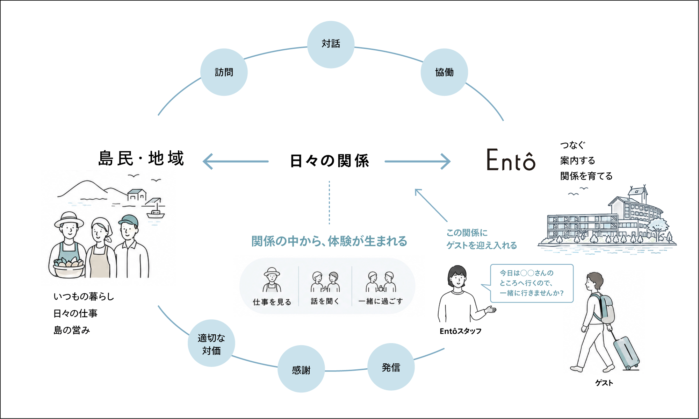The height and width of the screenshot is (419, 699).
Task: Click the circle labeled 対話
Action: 331,44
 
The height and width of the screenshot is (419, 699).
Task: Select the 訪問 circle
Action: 224,72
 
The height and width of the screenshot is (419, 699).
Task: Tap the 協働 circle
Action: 444,72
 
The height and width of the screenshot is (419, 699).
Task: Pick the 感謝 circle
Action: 301,369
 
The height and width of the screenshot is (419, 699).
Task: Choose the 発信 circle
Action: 391,367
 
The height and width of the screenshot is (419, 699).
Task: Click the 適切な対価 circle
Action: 211,343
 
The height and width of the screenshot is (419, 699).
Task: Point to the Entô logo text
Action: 511,160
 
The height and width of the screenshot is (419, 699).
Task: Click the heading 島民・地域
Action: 141,158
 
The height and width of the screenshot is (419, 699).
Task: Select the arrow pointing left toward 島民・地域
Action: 236,161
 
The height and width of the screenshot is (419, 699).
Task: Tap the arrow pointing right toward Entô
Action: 418,161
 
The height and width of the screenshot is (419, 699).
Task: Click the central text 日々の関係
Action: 329,161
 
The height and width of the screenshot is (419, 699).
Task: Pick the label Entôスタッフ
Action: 460,331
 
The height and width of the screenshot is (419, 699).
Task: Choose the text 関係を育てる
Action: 586,176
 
